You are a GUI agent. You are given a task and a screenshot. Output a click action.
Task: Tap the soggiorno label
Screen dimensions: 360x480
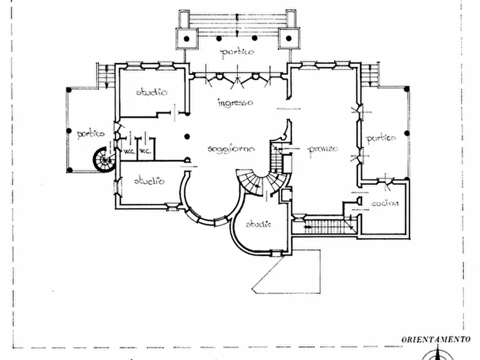(231, 149)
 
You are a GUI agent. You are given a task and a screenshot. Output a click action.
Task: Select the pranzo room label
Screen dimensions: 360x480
(323, 149)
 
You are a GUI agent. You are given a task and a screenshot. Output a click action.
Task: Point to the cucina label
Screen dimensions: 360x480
(385, 203)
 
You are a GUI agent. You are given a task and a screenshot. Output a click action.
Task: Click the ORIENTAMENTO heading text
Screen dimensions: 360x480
(435, 339)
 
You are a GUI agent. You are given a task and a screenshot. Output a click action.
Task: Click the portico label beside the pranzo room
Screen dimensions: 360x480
(381, 138)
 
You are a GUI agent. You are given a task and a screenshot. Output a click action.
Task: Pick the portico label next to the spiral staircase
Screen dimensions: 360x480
(90, 134)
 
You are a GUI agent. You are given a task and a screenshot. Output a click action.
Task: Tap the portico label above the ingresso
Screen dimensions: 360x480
(237, 52)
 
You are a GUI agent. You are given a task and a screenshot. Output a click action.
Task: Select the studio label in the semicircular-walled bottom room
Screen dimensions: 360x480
(259, 224)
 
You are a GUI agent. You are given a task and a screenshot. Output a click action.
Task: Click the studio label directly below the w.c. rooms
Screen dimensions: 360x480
(149, 181)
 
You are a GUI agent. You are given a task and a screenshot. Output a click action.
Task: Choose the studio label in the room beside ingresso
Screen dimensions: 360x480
(151, 92)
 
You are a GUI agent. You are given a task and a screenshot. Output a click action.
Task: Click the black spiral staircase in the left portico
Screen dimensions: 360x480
(103, 159)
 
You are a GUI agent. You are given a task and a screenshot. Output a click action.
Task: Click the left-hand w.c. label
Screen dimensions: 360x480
(129, 151)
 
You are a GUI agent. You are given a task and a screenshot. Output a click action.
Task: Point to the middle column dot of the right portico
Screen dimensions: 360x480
(406, 133)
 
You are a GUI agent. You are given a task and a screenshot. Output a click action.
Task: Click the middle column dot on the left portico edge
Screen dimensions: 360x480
(69, 130)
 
